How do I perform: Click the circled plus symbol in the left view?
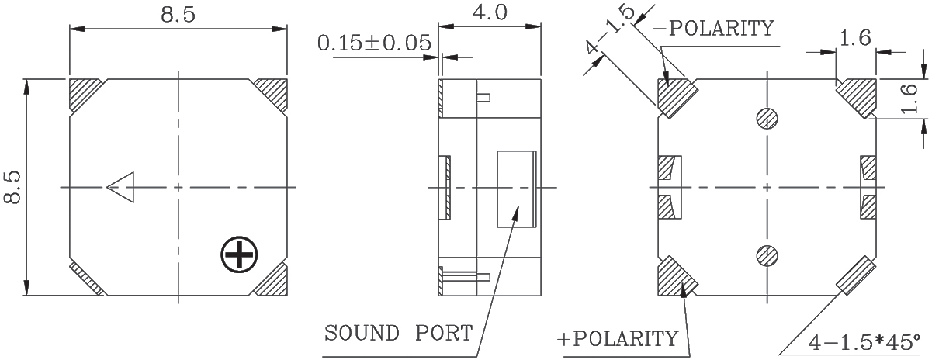coord(239,254)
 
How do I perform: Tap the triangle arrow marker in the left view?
coord(121,187)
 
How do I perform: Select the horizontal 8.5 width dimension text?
coord(178,15)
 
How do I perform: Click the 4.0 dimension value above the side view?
coord(490,12)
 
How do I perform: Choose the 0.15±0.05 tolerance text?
coord(375,43)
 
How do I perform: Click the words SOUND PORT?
coord(399,333)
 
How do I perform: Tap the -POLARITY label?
coord(714,28)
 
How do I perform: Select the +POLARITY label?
coord(618,339)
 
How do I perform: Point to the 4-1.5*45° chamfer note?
coord(864,342)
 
